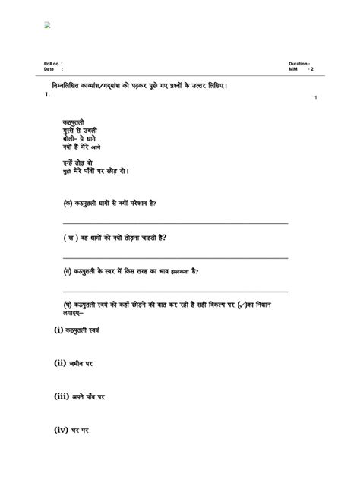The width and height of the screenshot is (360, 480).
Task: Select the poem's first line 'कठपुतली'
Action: click(74, 122)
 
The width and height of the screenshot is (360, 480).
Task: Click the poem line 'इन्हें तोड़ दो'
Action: click(79, 163)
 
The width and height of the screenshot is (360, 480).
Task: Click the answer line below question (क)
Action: click(175, 223)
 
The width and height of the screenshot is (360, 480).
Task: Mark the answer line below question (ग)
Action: click(175, 291)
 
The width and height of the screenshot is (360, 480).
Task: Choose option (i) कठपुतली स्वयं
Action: click(76, 330)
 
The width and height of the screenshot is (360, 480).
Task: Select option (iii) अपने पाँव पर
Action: click(79, 396)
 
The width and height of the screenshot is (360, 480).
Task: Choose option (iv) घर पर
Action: click(71, 430)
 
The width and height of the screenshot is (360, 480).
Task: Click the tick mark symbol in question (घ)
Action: click(263, 305)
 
